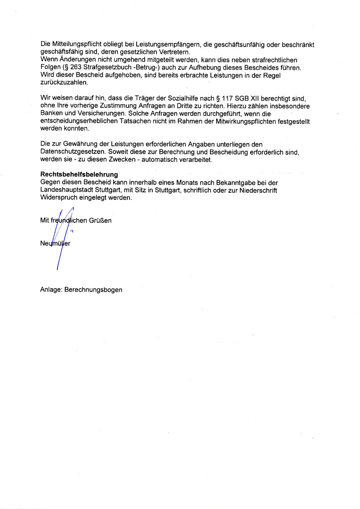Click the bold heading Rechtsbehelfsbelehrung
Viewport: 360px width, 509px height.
point(79,174)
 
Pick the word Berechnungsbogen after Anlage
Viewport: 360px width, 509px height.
point(93,290)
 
